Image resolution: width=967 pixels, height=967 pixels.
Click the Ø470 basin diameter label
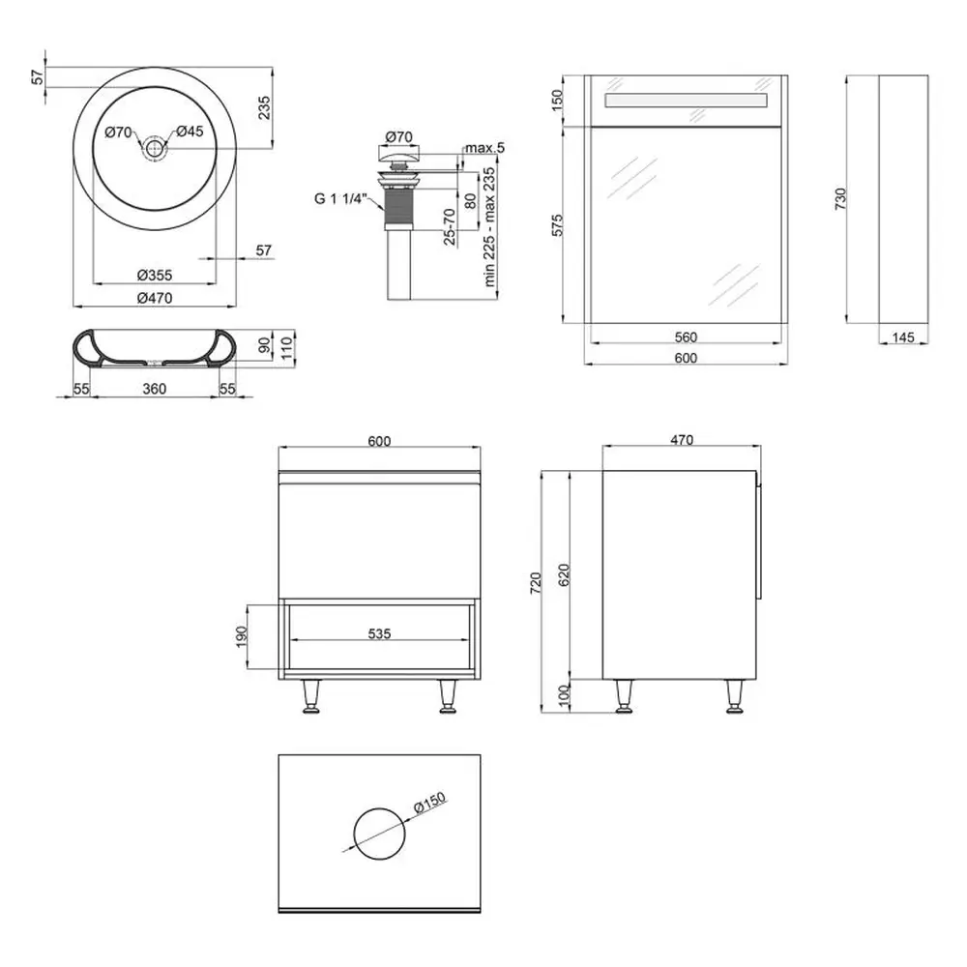(154, 298)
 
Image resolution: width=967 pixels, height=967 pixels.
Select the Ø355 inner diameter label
(154, 275)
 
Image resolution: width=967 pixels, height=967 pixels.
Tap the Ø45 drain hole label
(190, 132)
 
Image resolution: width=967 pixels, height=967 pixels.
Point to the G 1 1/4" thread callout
(340, 198)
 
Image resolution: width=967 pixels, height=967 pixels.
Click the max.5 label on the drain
(484, 148)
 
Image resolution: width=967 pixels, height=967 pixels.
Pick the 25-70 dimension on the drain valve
(450, 227)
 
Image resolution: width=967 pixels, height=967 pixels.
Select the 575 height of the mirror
(557, 225)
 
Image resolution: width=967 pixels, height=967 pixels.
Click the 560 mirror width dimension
(686, 337)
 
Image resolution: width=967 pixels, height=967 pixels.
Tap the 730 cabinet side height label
(840, 199)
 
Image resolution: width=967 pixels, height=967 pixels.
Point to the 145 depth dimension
(903, 337)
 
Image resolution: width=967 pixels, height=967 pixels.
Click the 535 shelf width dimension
(379, 633)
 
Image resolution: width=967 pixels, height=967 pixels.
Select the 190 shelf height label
(241, 637)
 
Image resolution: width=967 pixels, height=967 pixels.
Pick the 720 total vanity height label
(536, 583)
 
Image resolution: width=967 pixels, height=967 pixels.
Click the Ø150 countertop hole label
(429, 804)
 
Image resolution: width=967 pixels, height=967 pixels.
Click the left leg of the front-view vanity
(310, 697)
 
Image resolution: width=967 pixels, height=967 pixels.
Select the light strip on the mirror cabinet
(686, 101)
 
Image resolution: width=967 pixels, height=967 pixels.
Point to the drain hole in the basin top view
(154, 147)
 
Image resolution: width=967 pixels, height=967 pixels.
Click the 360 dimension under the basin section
(154, 389)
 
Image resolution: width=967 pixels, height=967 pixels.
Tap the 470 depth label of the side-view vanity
(682, 440)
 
